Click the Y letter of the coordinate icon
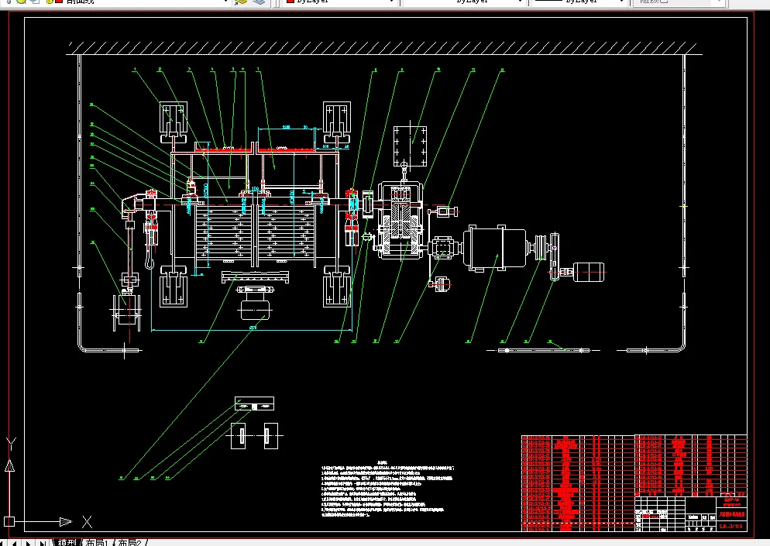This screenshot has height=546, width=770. (11, 443)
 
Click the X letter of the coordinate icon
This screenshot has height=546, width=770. (88, 521)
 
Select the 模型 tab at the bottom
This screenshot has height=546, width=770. (67, 542)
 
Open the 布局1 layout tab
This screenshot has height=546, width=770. (99, 542)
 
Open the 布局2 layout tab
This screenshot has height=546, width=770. (131, 542)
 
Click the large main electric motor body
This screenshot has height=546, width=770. (493, 247)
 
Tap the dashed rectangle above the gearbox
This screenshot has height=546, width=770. (411, 145)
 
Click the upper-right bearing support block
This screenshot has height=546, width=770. (338, 121)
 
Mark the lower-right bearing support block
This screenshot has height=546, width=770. (338, 289)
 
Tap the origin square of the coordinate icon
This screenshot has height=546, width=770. (9, 521)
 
